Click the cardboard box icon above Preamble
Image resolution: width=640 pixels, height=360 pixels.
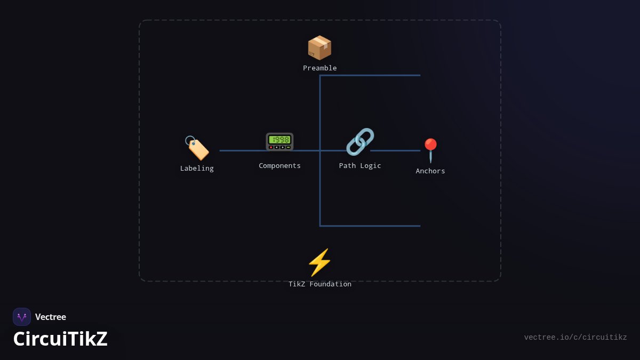point(319,47)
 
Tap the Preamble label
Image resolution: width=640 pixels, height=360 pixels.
point(319,68)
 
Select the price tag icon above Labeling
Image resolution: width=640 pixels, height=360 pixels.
point(197,148)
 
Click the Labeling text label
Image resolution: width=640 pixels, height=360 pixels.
point(197,169)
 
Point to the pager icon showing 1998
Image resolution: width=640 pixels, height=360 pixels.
point(279,142)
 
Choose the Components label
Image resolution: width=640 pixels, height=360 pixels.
point(279,166)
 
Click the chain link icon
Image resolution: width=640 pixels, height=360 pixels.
point(360,142)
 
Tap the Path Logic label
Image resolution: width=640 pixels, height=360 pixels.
point(360,166)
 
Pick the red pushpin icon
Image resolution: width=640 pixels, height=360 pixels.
point(430,150)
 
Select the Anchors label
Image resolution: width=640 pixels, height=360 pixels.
point(430,171)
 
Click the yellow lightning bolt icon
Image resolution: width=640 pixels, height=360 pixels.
point(319,262)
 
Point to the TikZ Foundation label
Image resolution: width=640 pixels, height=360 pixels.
point(319,284)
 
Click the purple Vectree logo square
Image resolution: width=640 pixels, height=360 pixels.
point(22,317)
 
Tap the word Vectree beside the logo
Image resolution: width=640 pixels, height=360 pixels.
point(51,317)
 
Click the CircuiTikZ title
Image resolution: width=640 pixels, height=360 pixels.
point(60,339)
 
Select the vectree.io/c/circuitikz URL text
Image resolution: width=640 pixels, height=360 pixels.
point(575,338)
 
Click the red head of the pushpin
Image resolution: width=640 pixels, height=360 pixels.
point(430,145)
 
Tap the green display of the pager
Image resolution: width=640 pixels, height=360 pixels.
point(279,139)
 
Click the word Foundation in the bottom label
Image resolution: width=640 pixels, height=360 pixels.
point(331,284)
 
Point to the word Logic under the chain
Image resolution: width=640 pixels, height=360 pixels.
point(371,166)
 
